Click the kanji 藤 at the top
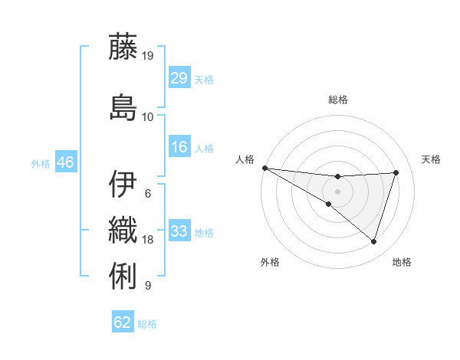(x=124, y=47)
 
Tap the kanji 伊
(x=124, y=185)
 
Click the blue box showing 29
(x=179, y=78)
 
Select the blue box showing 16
(x=179, y=148)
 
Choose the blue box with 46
(x=65, y=163)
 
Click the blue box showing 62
(x=123, y=322)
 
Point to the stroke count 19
(x=149, y=55)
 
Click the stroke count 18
(x=148, y=240)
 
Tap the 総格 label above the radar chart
(x=337, y=100)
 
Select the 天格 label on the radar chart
(x=432, y=159)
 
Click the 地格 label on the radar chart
(x=402, y=262)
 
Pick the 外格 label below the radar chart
(x=270, y=262)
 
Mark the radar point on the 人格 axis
(x=264, y=167)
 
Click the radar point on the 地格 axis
(x=373, y=241)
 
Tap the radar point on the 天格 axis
(x=396, y=172)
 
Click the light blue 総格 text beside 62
(x=147, y=324)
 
